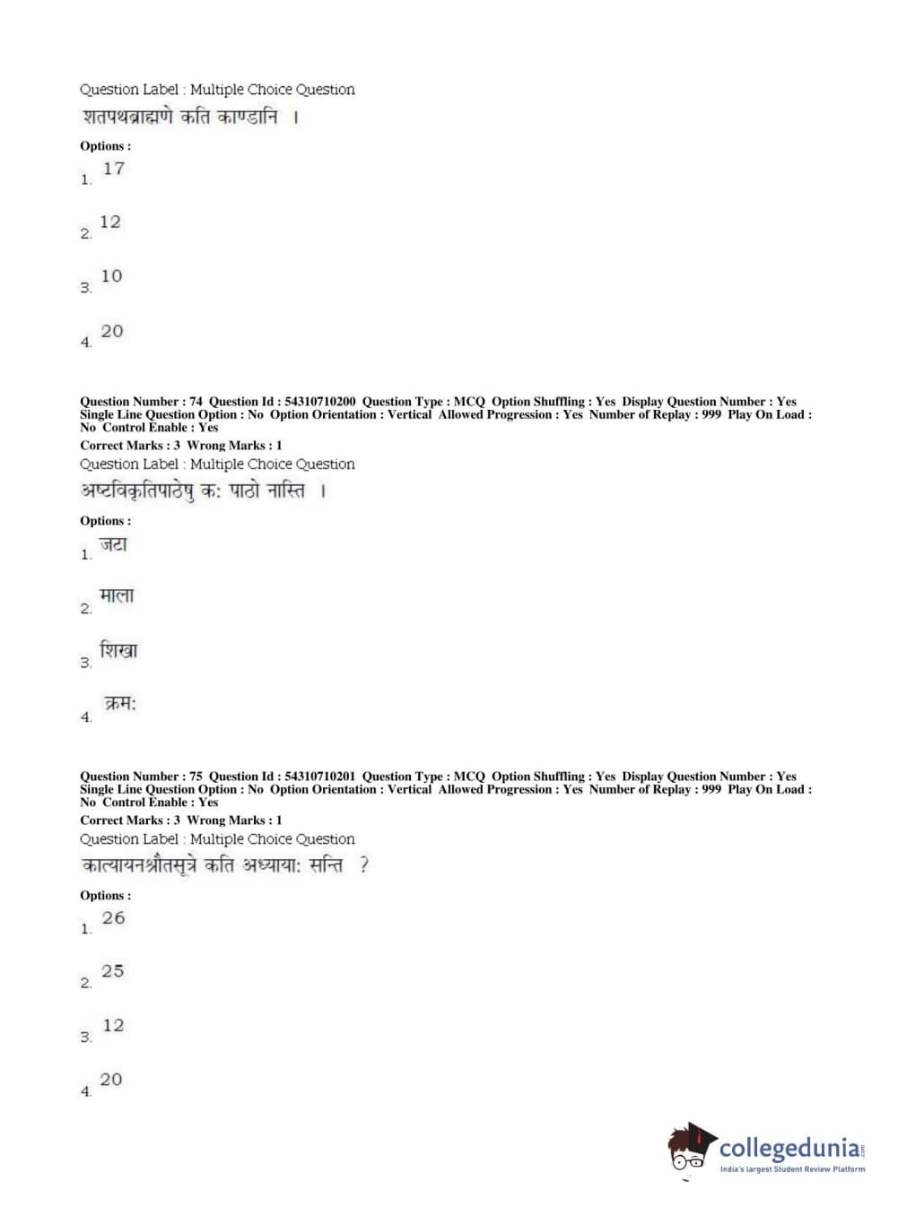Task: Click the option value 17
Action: [x=114, y=169]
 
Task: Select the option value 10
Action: [x=111, y=276]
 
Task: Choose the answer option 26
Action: [x=113, y=918]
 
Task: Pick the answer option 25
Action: [x=112, y=971]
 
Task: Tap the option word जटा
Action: [x=113, y=544]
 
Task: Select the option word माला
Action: [x=117, y=596]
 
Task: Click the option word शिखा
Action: [x=118, y=650]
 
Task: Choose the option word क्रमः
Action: [x=120, y=704]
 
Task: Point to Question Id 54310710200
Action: [x=319, y=402]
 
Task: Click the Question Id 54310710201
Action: [x=319, y=777]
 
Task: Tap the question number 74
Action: [x=196, y=402]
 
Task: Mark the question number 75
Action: [x=196, y=777]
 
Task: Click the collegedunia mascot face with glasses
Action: [x=689, y=1150]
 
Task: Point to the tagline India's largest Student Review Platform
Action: [x=792, y=1169]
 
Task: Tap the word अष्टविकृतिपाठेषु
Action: [x=136, y=491]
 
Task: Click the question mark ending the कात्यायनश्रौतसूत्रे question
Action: [x=363, y=866]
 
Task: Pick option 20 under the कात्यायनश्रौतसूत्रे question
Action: [x=111, y=1080]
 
